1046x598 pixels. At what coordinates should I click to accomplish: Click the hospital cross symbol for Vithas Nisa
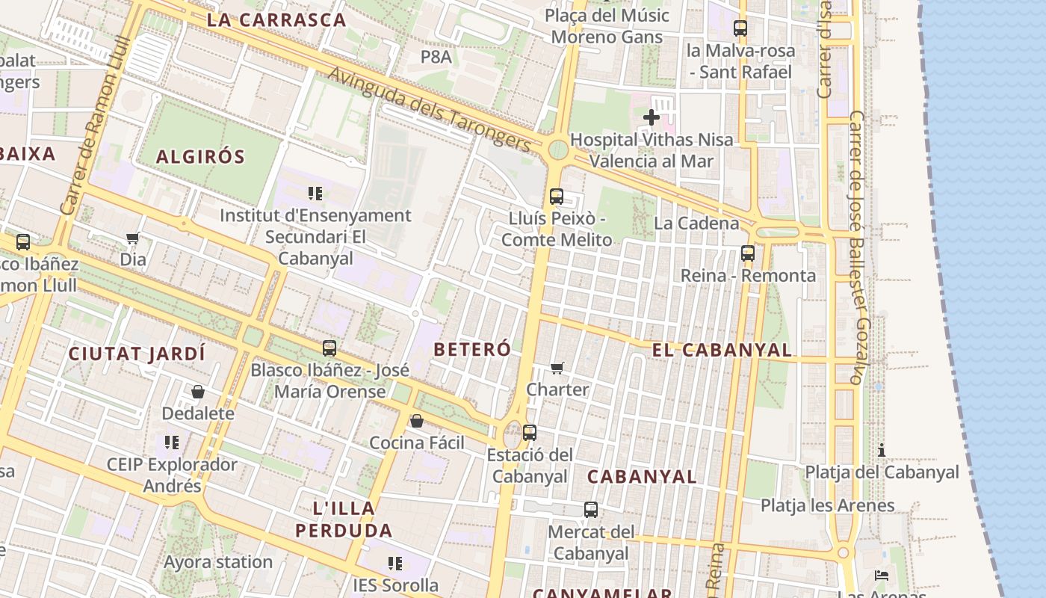[x=652, y=117]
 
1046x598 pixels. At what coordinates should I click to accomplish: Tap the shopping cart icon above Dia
[x=133, y=238]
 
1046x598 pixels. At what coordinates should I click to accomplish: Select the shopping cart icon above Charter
[x=557, y=367]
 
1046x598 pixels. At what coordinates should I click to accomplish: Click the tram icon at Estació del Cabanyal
[x=530, y=432]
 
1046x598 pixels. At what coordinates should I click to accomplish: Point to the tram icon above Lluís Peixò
[x=557, y=197]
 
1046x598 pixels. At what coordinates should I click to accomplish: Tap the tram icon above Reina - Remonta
[x=748, y=253]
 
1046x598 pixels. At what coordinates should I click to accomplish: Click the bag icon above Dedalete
[x=198, y=392]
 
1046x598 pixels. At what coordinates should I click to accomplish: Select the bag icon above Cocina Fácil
[x=417, y=421]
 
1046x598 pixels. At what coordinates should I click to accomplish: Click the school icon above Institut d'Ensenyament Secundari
[x=315, y=194]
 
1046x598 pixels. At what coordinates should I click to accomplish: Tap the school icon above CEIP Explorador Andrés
[x=172, y=443]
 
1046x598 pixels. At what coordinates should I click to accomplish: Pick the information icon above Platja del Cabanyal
[x=882, y=450]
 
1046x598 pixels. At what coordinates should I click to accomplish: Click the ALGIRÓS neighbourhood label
[x=200, y=157]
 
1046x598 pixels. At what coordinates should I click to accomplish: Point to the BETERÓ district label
[x=472, y=349]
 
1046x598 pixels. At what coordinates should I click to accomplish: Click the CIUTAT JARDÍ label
[x=137, y=354]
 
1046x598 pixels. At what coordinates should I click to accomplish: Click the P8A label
[x=436, y=56]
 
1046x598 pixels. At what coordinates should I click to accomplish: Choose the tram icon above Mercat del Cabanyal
[x=591, y=510]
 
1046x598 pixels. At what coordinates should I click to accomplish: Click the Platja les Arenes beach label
[x=827, y=505]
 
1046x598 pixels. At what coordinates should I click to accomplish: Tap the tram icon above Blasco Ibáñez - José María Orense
[x=329, y=348]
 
